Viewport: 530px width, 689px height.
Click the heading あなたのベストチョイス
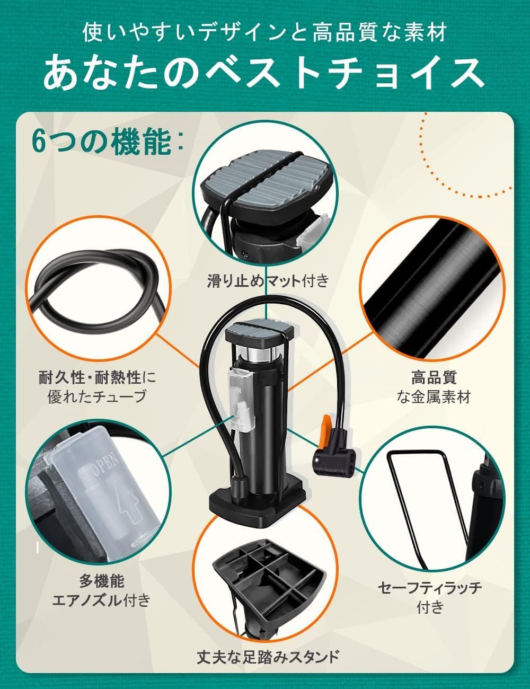tap(263, 72)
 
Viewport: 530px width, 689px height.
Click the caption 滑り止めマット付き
tap(268, 280)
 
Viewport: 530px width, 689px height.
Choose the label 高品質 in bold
tap(434, 378)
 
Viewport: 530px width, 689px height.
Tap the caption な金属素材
tap(434, 397)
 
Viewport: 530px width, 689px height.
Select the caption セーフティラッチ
tap(430, 587)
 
